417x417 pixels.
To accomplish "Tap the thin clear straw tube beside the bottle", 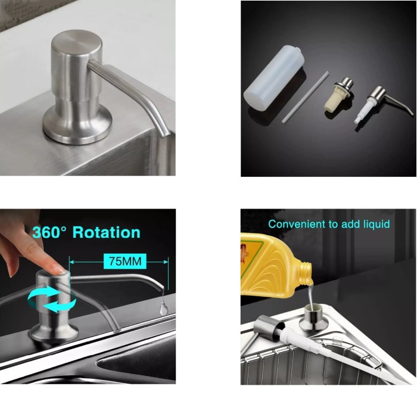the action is [x=306, y=97].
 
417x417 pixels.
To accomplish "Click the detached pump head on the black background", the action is [x=382, y=104].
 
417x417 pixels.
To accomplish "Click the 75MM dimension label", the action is [x=125, y=261].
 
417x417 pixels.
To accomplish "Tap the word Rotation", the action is [x=107, y=232].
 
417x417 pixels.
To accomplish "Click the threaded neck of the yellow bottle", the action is [x=305, y=272].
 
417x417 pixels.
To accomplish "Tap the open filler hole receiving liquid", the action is [x=313, y=309].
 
